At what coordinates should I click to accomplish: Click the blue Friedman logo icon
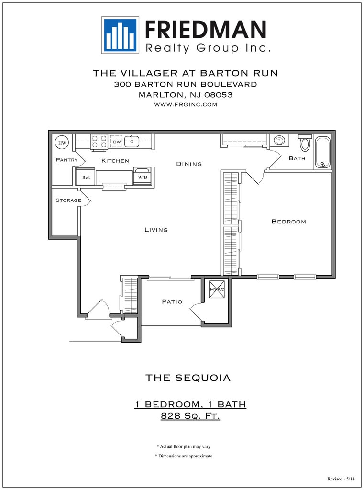[x=120, y=35]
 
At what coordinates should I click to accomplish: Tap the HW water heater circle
[x=62, y=143]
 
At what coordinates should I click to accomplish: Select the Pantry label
[x=66, y=160]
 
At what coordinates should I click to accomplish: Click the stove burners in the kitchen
[x=99, y=141]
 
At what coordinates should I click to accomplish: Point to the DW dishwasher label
[x=117, y=142]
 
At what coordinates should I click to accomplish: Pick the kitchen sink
[x=132, y=141]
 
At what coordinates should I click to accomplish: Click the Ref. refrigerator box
[x=86, y=177]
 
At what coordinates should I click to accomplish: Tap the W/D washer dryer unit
[x=143, y=176]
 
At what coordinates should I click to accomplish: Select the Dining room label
[x=189, y=164]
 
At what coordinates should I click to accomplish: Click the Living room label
[x=156, y=230]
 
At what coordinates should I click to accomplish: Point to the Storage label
[x=68, y=200]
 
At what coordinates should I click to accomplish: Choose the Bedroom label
[x=288, y=222]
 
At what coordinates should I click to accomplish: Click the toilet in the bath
[x=305, y=143]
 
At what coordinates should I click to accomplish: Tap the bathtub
[x=323, y=152]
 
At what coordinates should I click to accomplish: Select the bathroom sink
[x=279, y=141]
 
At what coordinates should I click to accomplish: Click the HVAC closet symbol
[x=217, y=290]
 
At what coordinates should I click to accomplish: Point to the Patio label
[x=172, y=301]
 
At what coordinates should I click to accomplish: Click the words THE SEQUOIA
[x=188, y=378]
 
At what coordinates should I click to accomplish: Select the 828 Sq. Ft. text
[x=190, y=416]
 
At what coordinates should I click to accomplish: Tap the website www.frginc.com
[x=185, y=104]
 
